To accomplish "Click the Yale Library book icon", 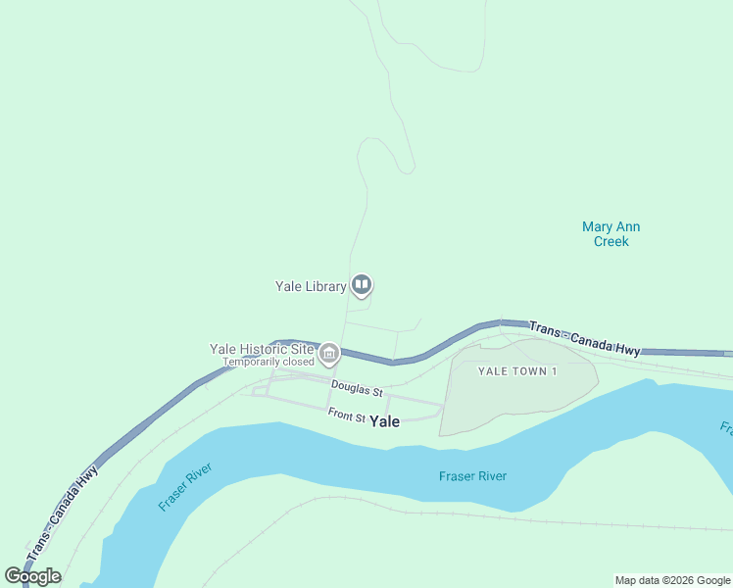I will click(x=362, y=285).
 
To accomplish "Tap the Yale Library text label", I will click(x=311, y=286).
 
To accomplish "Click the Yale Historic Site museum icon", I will click(x=329, y=353).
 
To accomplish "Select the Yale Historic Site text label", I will click(x=263, y=349).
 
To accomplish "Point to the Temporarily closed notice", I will click(x=268, y=362).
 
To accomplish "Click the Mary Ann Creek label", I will click(x=611, y=234).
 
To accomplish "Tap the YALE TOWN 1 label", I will click(x=517, y=370).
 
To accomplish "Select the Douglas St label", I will click(x=357, y=389).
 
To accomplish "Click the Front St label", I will click(x=347, y=416).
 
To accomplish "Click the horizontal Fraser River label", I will click(x=472, y=476).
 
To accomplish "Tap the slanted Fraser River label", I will click(x=185, y=487).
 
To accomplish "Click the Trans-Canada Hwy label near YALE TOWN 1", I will click(x=584, y=337).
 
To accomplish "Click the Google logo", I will click(x=32, y=576).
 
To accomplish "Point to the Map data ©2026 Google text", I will click(x=673, y=580).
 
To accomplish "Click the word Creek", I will click(x=611, y=241).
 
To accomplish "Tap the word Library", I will click(x=325, y=286).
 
